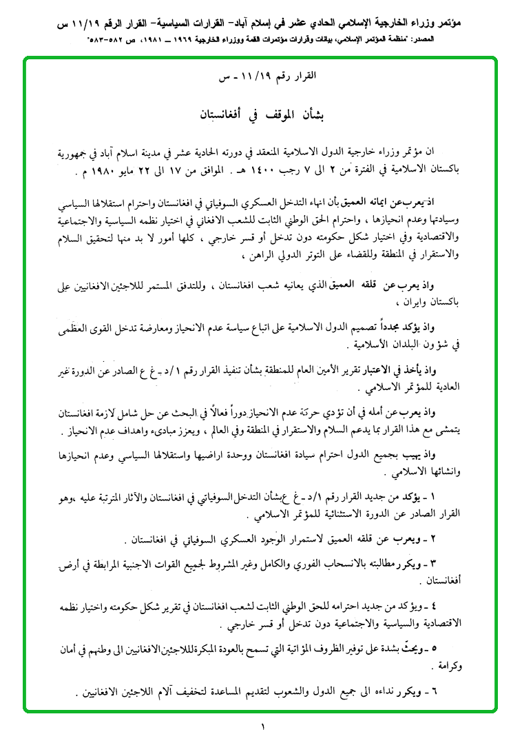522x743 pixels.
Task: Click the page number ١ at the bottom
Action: tap(262, 725)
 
